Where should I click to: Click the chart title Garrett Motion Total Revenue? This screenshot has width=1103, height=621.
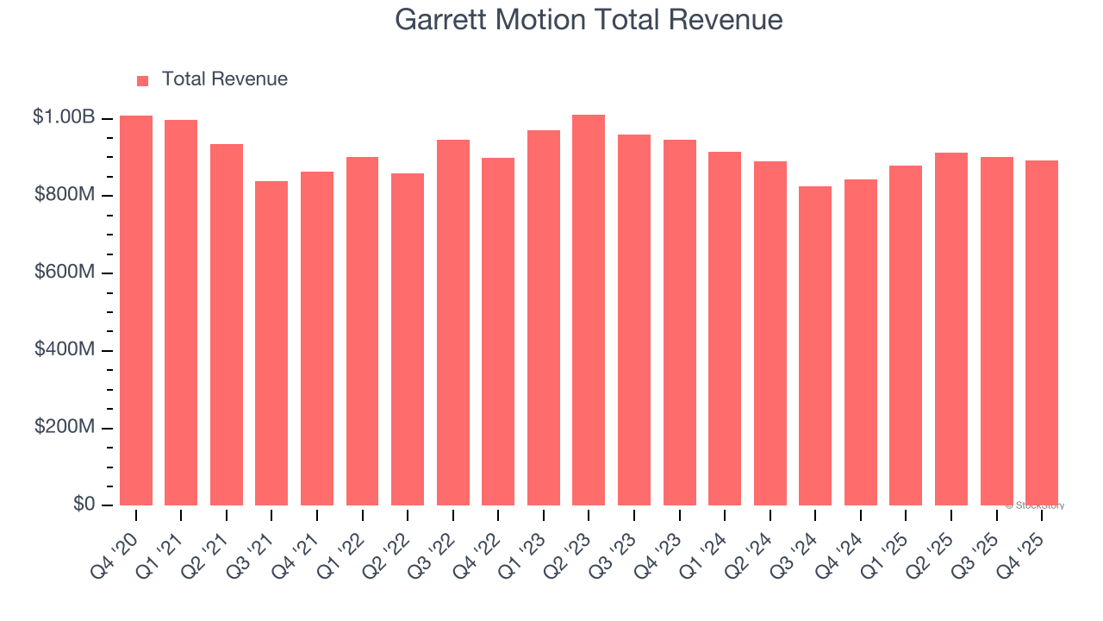point(589,20)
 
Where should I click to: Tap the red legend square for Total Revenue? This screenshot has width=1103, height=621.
point(143,80)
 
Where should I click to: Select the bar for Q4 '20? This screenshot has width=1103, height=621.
point(136,310)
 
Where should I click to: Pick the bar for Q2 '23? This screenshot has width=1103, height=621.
point(589,310)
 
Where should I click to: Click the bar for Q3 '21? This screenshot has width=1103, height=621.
point(271,343)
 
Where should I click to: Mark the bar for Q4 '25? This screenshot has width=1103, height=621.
point(1042,333)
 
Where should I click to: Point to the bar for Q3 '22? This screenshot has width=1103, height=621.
point(453,323)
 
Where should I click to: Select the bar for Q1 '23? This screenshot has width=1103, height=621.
point(544,317)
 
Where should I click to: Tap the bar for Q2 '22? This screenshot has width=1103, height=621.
point(408,339)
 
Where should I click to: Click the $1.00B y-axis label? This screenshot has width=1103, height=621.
point(64,117)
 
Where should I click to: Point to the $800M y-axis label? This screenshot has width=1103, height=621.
point(65,195)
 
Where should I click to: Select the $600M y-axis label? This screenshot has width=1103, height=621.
point(65,273)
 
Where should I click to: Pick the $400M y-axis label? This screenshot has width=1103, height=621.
point(65,350)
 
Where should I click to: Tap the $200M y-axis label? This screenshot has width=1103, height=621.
point(65,428)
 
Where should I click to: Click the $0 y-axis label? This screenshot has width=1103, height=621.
point(83,505)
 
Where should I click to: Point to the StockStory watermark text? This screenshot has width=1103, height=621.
point(1035,505)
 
